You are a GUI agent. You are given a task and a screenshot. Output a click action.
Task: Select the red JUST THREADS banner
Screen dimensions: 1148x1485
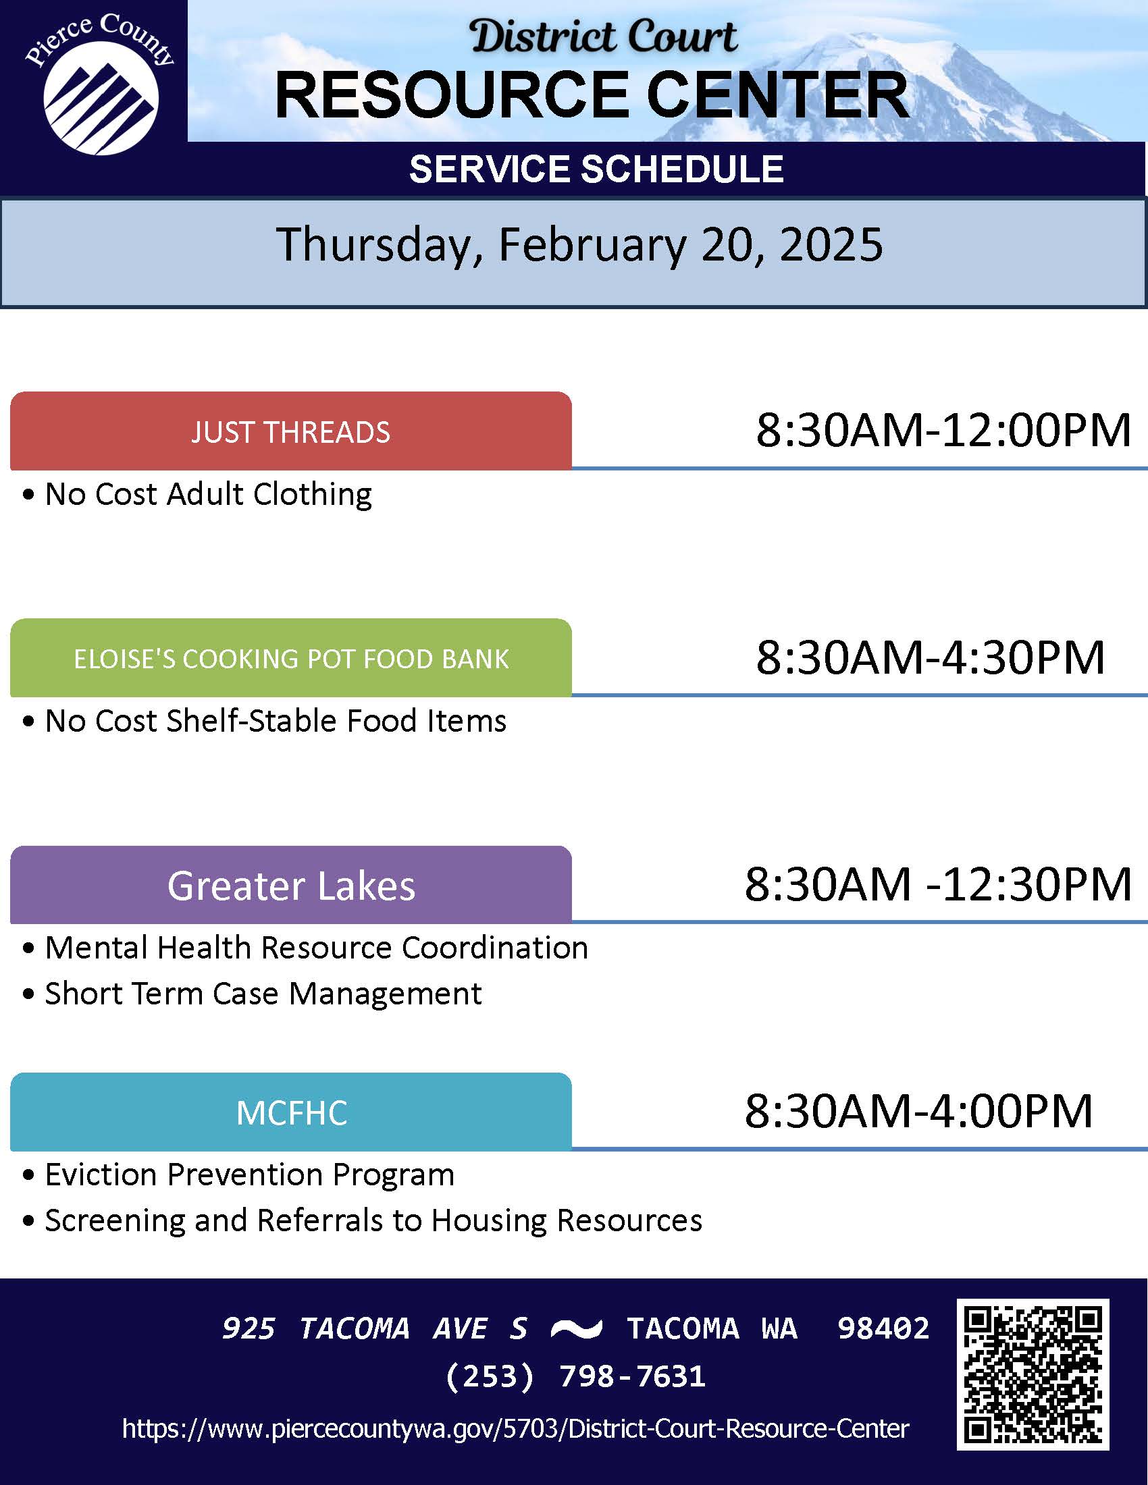point(290,431)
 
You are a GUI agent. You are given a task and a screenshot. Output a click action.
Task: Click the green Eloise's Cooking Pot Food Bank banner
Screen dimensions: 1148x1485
point(290,658)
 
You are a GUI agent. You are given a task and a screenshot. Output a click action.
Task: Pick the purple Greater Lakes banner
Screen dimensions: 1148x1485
point(290,886)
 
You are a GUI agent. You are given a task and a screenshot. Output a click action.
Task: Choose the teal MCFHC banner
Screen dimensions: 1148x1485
point(290,1112)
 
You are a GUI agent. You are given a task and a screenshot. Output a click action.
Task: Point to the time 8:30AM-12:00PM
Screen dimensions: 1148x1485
point(944,431)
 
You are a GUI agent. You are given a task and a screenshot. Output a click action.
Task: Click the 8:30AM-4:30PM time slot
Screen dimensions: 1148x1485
point(931,657)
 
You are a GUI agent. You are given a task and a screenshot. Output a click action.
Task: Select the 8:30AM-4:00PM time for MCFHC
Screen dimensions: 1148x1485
point(919,1112)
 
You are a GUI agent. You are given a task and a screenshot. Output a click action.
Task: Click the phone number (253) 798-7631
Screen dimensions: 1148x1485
point(575,1376)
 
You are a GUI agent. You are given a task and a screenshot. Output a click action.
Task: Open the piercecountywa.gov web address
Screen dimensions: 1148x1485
point(515,1428)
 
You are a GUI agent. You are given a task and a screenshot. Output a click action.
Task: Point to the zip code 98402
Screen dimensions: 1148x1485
point(883,1328)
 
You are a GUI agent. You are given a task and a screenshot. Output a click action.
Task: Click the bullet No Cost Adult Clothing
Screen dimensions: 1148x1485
point(197,494)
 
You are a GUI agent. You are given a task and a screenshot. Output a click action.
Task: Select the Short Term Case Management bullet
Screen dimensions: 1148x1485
point(253,994)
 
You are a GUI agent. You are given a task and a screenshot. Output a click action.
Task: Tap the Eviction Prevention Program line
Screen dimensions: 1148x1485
point(238,1175)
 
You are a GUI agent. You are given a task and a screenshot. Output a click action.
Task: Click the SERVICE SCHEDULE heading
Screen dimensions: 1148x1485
point(596,169)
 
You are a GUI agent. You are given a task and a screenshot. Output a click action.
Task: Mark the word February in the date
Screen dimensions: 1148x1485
point(592,246)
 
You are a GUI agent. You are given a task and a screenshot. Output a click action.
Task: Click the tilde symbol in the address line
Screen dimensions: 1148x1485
point(576,1328)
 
